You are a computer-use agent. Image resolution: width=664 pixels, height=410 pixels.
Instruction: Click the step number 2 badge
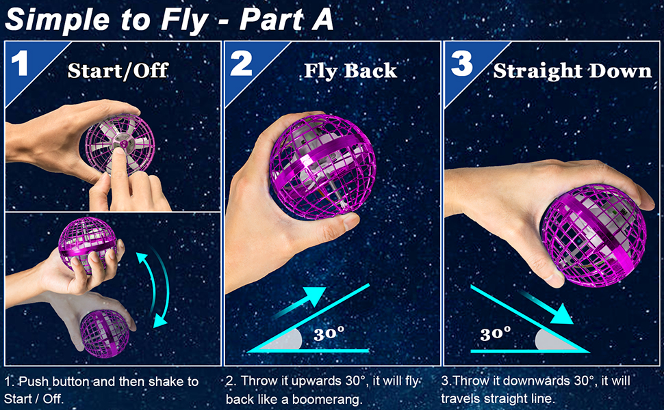[x=241, y=64]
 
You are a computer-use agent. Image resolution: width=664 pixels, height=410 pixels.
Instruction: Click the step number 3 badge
[x=462, y=64]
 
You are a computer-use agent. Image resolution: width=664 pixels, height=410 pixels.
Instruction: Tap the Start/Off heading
[x=118, y=70]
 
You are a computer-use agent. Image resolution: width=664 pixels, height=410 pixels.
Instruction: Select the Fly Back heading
[x=350, y=70]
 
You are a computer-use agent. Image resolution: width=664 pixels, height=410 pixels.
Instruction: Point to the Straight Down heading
[x=572, y=70]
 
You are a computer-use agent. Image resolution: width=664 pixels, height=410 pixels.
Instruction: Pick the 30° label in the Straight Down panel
[x=496, y=333]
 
